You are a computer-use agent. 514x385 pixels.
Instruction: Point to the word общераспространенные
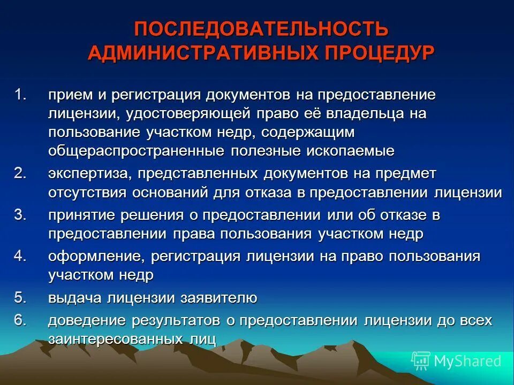tap(136, 151)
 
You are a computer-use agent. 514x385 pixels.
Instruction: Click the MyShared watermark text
tap(467, 361)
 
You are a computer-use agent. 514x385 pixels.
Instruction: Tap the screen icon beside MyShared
tap(421, 361)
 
